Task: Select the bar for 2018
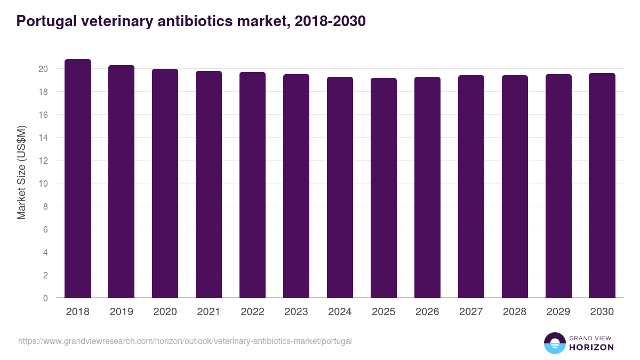click(x=78, y=179)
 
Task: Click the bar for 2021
click(x=209, y=185)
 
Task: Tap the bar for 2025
click(x=383, y=188)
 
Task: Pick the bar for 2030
click(x=602, y=186)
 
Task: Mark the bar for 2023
click(x=296, y=186)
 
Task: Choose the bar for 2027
click(x=471, y=187)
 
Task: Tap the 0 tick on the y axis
click(x=46, y=298)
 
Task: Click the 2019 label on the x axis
click(x=122, y=312)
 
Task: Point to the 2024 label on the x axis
click(x=340, y=312)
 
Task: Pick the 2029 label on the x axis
click(x=558, y=312)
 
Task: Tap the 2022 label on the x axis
click(x=252, y=312)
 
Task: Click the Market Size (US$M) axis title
click(x=21, y=172)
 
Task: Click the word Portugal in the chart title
click(x=43, y=21)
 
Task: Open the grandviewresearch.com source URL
click(x=185, y=341)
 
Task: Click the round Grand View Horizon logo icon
click(x=554, y=343)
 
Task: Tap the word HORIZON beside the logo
click(x=591, y=347)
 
